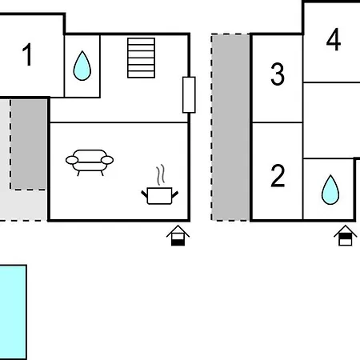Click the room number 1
[27, 54]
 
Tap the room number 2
[278, 176]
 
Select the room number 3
[278, 74]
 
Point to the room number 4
[334, 39]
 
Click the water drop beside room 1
[82, 66]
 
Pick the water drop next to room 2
[330, 190]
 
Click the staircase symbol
[141, 58]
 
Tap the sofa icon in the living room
[90, 162]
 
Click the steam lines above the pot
[161, 175]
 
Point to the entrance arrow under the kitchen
[178, 235]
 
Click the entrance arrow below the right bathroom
[346, 235]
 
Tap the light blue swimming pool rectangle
[13, 312]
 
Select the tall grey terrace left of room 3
[230, 127]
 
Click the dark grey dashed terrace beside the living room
[29, 144]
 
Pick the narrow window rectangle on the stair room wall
[189, 95]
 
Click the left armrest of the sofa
[72, 160]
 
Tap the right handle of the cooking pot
[175, 194]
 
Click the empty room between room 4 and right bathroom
[331, 120]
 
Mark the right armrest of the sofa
[107, 160]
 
